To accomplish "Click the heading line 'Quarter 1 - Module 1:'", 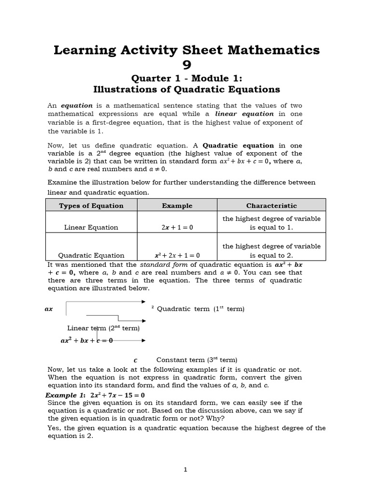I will click(x=186, y=79).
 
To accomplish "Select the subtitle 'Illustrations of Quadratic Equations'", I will click(x=186, y=89).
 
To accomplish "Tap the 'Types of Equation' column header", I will click(x=91, y=205).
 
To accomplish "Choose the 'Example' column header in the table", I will click(x=177, y=205).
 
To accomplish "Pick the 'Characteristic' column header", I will click(x=271, y=205).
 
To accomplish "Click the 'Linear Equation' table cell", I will click(x=91, y=227).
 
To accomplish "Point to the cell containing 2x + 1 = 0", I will click(x=177, y=227).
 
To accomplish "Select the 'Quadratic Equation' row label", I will click(x=91, y=255).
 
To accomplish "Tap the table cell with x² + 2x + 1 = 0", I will click(x=177, y=255).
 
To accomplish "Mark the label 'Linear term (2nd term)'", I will click(x=103, y=328).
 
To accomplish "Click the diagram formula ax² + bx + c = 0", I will click(x=86, y=340).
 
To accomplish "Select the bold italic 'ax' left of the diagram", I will click(x=48, y=309).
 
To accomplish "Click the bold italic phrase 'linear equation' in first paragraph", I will click(x=244, y=114).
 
